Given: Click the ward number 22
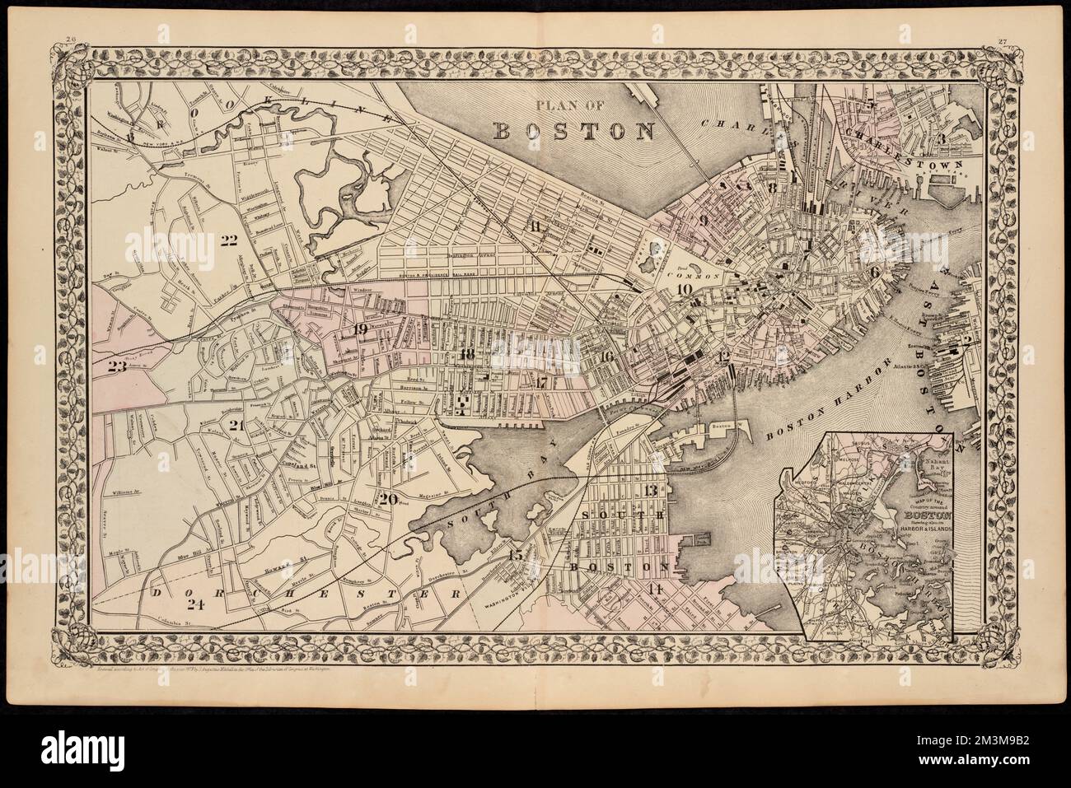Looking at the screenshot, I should point(223,241).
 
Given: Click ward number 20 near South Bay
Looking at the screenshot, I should point(388,497).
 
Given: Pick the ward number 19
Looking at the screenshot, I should point(359,330).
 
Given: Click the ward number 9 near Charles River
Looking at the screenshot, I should point(704,221).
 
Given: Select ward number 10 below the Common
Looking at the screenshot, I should point(683,289).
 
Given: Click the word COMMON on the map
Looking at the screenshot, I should point(704,277).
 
